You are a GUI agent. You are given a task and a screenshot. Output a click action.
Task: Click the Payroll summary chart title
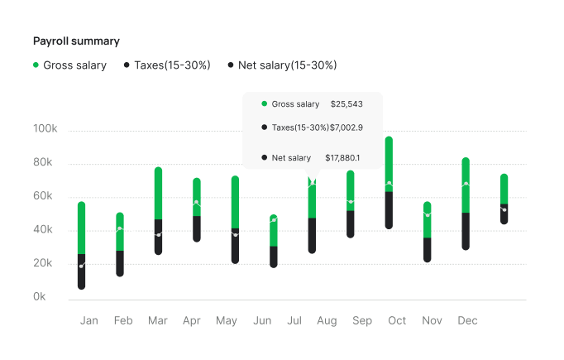coord(76,41)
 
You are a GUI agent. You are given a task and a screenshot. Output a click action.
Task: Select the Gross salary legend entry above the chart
coord(74,65)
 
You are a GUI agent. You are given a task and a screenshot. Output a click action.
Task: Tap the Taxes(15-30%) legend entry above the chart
coord(172,65)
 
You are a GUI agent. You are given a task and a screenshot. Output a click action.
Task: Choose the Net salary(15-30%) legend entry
coord(287,65)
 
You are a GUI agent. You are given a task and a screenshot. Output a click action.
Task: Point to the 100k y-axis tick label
coord(45,130)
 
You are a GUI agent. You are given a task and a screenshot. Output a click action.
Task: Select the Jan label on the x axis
coord(89,320)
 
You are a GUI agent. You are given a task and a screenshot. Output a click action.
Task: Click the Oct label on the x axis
coord(397,320)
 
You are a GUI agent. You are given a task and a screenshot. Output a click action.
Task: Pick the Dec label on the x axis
coord(467,320)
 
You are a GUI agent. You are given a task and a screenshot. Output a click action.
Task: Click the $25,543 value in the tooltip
coord(347,104)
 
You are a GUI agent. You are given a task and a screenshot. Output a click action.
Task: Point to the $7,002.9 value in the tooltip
coord(347,127)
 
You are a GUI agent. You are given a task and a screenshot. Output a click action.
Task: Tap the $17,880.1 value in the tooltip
coord(342,157)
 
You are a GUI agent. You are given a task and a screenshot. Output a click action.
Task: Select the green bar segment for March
coord(158,194)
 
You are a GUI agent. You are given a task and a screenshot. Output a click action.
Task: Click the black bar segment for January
coord(82,271)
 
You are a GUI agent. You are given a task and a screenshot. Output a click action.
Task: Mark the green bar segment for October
coord(389,164)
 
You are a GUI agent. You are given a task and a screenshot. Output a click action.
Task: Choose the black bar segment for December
coord(466,231)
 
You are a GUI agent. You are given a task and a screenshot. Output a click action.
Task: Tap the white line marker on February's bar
coord(120,228)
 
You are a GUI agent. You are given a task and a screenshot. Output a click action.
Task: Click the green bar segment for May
coord(235,202)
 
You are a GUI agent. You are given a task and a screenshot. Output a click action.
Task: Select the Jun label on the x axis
coord(262,320)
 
